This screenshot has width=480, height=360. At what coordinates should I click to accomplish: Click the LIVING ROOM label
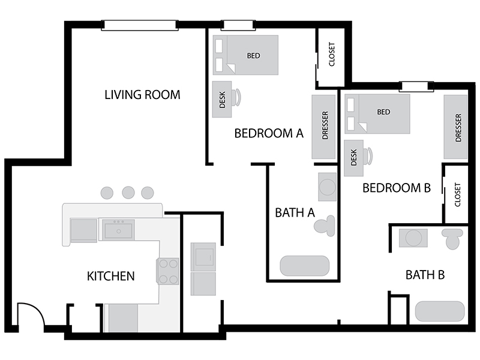point(142,95)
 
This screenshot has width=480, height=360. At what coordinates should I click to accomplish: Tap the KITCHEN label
point(111,276)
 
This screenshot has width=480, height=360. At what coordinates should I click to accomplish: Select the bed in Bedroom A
point(245,55)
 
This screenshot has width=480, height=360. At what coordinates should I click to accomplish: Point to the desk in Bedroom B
point(353,158)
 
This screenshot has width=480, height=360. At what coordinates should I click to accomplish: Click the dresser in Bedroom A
point(323,127)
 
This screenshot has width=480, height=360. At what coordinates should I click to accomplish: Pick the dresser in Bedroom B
point(455,127)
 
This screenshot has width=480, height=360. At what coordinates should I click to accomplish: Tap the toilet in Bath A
point(325,226)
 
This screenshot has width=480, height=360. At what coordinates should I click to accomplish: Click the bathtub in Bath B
point(440,311)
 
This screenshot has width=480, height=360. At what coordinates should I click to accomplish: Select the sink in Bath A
point(327,187)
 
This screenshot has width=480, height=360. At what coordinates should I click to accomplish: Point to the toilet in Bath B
point(452,239)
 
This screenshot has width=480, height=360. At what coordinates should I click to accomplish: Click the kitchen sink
point(118,230)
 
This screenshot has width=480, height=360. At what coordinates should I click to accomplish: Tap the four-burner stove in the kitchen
point(167,271)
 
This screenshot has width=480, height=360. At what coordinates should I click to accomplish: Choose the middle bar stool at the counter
point(128,193)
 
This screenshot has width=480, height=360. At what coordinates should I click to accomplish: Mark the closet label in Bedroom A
point(332,54)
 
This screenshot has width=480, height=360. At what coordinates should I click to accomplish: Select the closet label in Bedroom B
point(458,194)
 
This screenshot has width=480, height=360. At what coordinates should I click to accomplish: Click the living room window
point(140,25)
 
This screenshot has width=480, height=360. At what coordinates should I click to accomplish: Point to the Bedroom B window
point(416,86)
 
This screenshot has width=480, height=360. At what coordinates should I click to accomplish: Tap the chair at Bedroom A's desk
point(236,97)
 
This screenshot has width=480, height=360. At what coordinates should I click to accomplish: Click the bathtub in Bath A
point(305,266)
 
